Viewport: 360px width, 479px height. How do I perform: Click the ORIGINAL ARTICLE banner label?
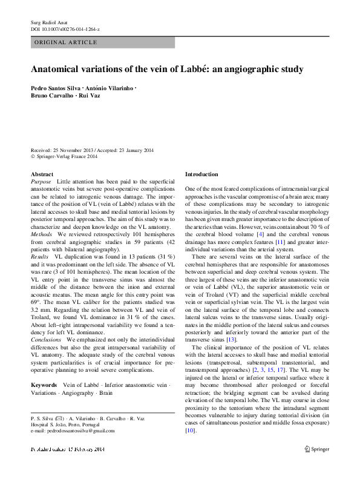65,42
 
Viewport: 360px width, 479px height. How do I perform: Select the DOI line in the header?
65,29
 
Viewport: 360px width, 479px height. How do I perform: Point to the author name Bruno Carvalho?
51,96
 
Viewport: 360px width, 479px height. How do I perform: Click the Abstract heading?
42,174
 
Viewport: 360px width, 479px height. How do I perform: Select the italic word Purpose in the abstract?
41,182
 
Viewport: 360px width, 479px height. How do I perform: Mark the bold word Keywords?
44,385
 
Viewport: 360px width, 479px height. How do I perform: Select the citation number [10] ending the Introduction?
190,431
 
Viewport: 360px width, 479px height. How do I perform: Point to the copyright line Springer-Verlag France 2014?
67,156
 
